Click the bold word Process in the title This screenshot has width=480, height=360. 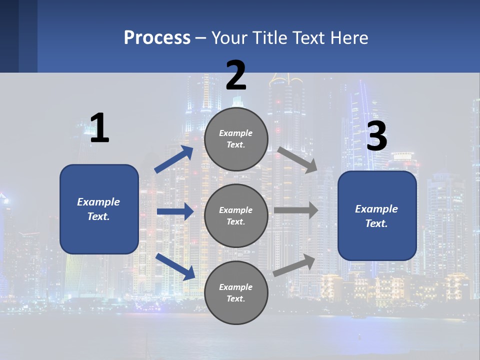pyautogui.click(x=157, y=38)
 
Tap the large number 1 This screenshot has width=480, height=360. pyautogui.click(x=99, y=128)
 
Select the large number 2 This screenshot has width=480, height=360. pyautogui.click(x=236, y=75)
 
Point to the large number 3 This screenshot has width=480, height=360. pyautogui.click(x=376, y=136)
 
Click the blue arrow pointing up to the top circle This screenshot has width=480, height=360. pyautogui.click(x=174, y=159)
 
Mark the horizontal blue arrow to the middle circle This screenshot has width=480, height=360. pyautogui.click(x=175, y=211)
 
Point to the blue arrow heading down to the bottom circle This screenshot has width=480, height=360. pyautogui.click(x=175, y=266)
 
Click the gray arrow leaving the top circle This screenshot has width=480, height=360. pyautogui.click(x=297, y=159)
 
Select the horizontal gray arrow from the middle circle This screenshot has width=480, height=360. pyautogui.click(x=296, y=210)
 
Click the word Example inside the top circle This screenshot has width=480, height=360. pyautogui.click(x=236, y=133)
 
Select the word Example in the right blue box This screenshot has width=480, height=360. pyautogui.click(x=376, y=209)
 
